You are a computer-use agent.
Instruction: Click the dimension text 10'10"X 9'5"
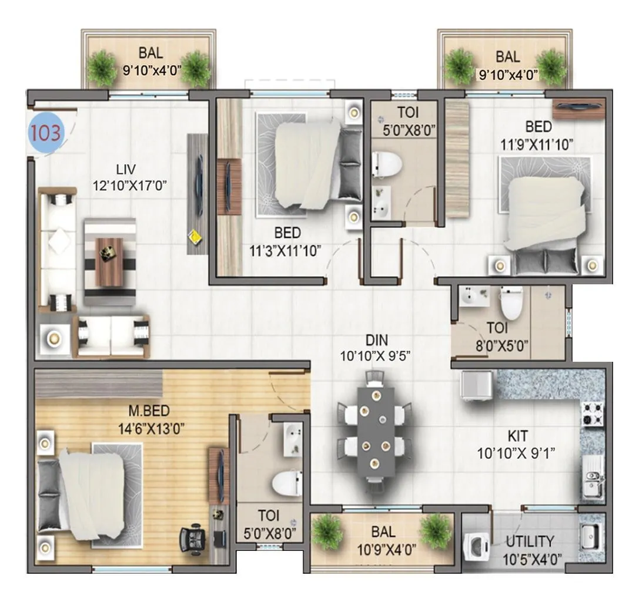(x=374, y=355)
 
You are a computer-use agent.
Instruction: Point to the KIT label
(x=517, y=436)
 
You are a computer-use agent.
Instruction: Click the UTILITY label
(x=530, y=542)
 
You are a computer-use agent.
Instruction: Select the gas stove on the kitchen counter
(x=591, y=413)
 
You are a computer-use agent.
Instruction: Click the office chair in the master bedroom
(x=193, y=538)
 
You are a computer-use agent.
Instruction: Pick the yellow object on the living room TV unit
(x=194, y=237)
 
